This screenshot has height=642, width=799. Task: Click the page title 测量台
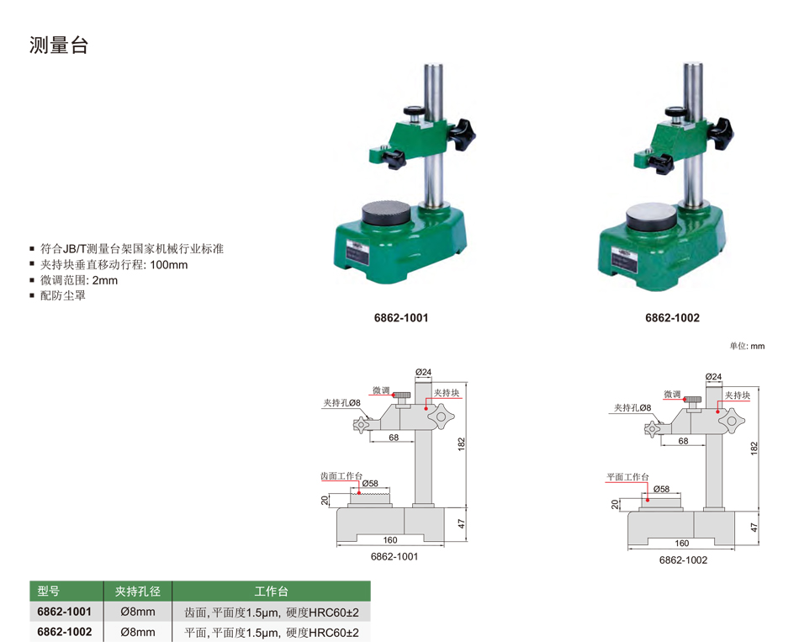point(59,45)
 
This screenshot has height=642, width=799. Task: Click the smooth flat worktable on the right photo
point(651,215)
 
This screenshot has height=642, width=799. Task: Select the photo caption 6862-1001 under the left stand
point(401,318)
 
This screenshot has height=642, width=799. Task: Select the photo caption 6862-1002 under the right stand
point(672,318)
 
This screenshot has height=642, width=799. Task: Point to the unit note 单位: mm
point(747,346)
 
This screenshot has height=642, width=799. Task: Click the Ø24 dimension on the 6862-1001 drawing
point(423,372)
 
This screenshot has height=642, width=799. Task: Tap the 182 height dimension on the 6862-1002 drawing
point(754,448)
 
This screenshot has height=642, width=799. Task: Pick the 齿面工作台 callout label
point(341,475)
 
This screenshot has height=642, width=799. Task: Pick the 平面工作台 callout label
point(627,477)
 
